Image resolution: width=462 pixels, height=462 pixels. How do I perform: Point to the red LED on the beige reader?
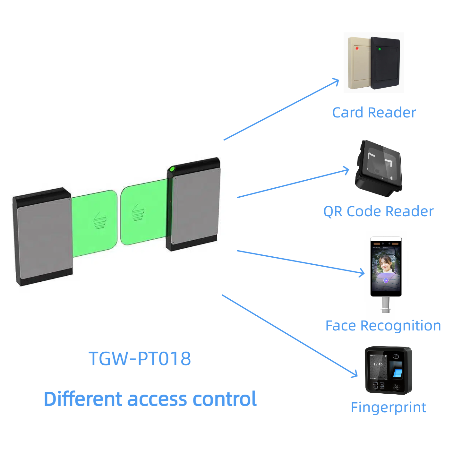[357, 48]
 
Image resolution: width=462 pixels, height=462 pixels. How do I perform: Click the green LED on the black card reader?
[380, 49]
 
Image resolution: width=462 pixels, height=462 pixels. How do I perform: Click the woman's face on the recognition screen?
[386, 264]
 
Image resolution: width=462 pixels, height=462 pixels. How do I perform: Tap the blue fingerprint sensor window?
[398, 372]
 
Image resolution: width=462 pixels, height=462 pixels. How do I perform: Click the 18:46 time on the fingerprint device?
[378, 364]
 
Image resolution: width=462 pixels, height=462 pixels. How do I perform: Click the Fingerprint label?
[389, 408]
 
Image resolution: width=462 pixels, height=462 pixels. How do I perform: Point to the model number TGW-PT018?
[140, 358]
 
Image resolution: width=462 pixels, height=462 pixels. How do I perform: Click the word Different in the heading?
[83, 399]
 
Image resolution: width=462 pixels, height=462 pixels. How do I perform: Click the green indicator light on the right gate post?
[172, 169]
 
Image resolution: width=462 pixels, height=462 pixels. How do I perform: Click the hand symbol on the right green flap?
[138, 212]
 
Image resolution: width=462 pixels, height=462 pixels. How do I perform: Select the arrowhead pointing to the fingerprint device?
[355, 375]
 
